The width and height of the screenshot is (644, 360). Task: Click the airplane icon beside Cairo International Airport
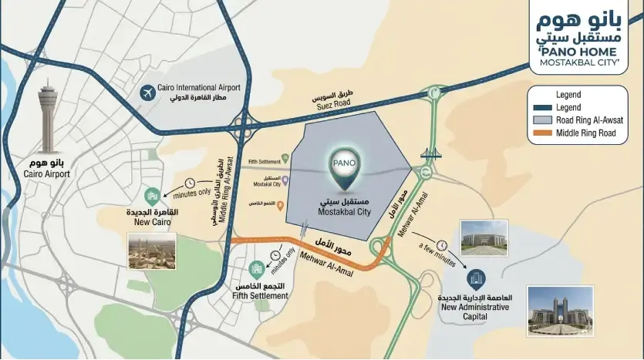click(x=147, y=93)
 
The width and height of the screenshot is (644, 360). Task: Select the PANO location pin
click(x=344, y=171)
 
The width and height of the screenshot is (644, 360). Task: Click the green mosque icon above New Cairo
click(x=151, y=195)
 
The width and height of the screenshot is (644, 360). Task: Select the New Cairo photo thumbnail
click(x=151, y=251)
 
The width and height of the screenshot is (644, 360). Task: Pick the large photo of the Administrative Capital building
click(x=560, y=311)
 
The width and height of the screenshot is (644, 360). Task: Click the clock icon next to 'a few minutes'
click(x=441, y=245)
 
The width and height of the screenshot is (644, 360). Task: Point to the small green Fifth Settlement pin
click(x=285, y=158)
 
